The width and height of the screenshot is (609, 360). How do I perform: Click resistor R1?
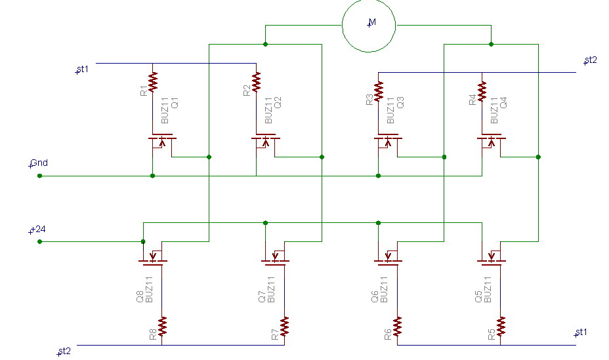pos(153,82)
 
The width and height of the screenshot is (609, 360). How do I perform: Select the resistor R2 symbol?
pos(257,82)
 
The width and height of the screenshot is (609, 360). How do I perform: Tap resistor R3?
pos(379,91)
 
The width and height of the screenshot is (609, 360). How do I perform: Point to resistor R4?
pos(482,91)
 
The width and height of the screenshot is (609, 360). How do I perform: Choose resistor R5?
pos(501,327)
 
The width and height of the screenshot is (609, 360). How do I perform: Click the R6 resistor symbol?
pos(397,327)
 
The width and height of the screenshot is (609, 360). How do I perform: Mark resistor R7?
pos(285,327)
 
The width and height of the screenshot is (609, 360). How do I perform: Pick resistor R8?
pos(162,327)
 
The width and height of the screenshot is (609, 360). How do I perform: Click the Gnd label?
pos(39,163)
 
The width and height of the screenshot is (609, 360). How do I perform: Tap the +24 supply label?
pos(37,230)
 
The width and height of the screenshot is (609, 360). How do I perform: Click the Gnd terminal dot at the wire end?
pos(39,176)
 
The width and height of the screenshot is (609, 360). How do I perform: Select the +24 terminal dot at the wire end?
pos(39,242)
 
